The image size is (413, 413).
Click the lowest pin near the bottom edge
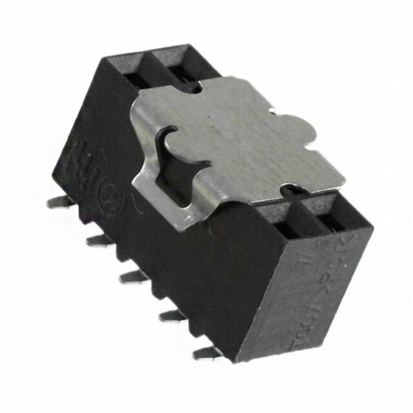[205, 352]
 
